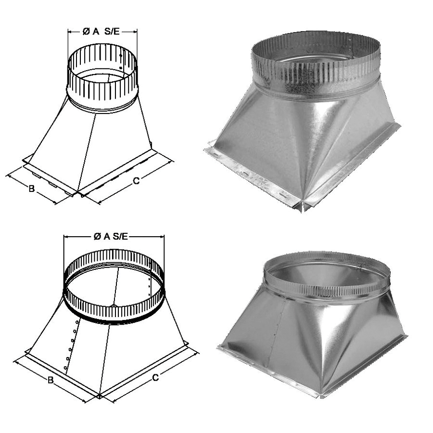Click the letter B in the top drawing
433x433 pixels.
point(32,189)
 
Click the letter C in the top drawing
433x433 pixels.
point(136,181)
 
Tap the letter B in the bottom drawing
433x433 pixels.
point(50,380)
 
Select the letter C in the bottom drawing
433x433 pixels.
point(155,378)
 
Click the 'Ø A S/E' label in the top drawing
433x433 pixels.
point(101,32)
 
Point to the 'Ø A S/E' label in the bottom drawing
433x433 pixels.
point(111,236)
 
